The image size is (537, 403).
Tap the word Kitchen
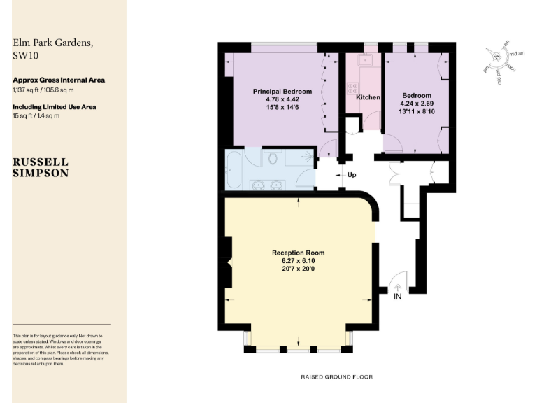pos(368,97)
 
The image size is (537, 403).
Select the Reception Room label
pos(298,253)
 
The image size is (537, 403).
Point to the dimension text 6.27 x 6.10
pos(298,261)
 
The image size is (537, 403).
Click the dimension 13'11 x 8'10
pos(416,111)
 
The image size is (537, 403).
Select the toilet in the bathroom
pos(273,158)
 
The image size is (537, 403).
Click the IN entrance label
pos(398,297)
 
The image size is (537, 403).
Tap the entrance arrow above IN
pos(398,286)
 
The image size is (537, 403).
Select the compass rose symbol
pos(499,59)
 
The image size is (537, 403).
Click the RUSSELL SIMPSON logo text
pos(41,167)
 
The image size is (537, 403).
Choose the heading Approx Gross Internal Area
pos(59,80)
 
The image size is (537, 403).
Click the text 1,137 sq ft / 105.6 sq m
pos(43,90)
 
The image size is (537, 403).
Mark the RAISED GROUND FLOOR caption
pos(336,376)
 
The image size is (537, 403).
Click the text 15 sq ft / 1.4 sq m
pos(36,115)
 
